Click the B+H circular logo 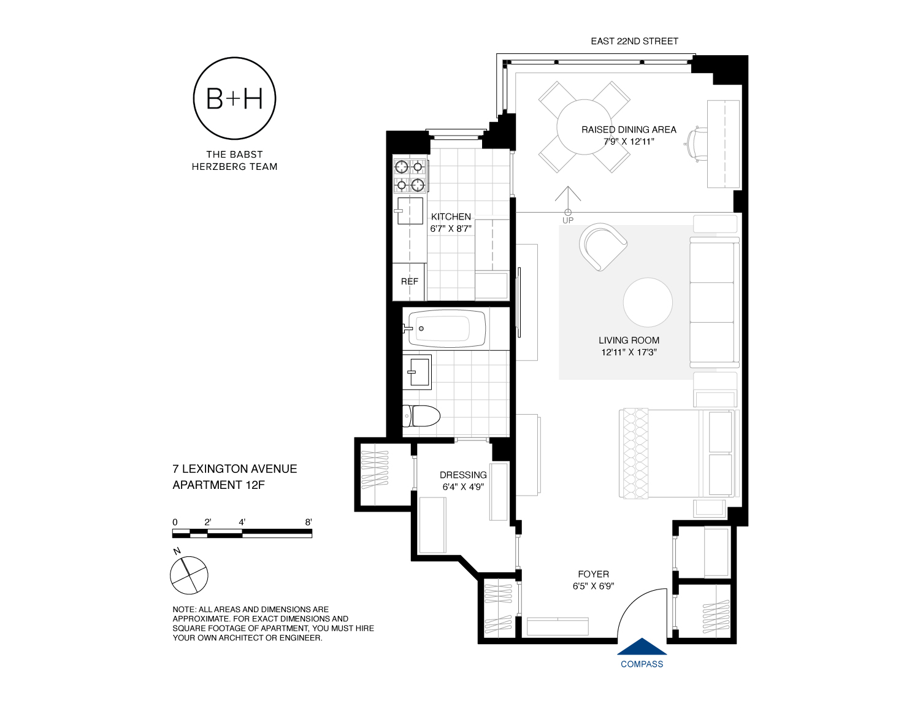coord(234,98)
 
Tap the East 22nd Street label coord(634,41)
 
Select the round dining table coord(584,127)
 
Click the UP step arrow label coord(568,220)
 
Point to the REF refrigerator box coord(409,282)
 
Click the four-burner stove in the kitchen coord(410,175)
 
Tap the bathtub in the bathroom coord(447,329)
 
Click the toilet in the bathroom coord(421,416)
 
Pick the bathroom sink coord(418,372)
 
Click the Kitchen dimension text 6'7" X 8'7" coord(451,229)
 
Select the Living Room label coord(629,340)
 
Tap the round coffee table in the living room coord(648,302)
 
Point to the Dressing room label coord(463,475)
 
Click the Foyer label coord(593,574)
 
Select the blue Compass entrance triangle coord(642,647)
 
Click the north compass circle coord(189,575)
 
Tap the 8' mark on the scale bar coord(309,523)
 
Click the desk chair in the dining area coord(696,145)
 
